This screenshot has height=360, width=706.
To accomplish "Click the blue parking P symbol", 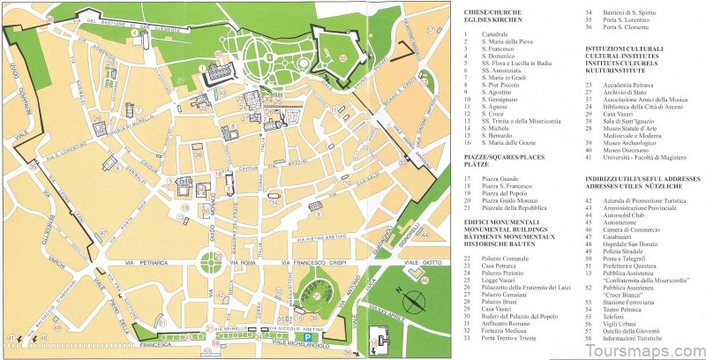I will (308, 339).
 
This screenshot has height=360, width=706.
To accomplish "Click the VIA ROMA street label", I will (243, 263).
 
